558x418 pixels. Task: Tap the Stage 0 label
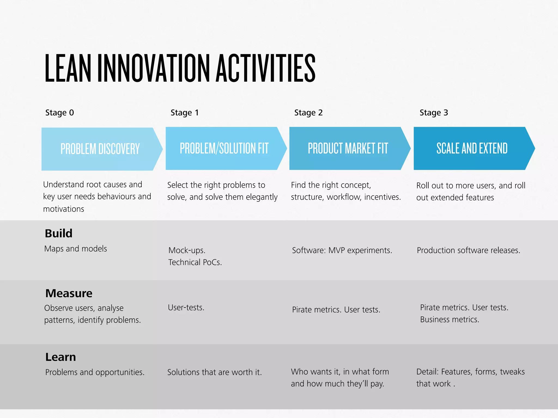click(x=59, y=112)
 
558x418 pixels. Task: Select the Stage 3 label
click(x=433, y=112)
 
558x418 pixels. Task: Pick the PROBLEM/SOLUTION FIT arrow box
click(x=224, y=148)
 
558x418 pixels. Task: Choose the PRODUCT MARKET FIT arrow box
click(x=348, y=148)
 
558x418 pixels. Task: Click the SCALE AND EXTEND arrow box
click(x=472, y=148)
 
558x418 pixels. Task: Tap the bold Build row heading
click(x=59, y=233)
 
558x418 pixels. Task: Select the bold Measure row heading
click(x=69, y=293)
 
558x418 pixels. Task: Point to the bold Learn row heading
click(x=60, y=357)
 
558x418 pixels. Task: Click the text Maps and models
click(x=75, y=248)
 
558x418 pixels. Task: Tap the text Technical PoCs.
click(x=195, y=262)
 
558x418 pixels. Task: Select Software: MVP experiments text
click(x=342, y=250)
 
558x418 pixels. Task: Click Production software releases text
click(x=468, y=250)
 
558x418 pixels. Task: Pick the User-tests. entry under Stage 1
click(x=186, y=307)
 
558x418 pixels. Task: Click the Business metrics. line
click(x=449, y=319)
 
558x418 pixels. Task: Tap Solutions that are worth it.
click(x=214, y=372)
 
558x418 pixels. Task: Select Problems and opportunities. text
click(x=95, y=372)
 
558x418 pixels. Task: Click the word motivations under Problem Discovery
click(x=63, y=209)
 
